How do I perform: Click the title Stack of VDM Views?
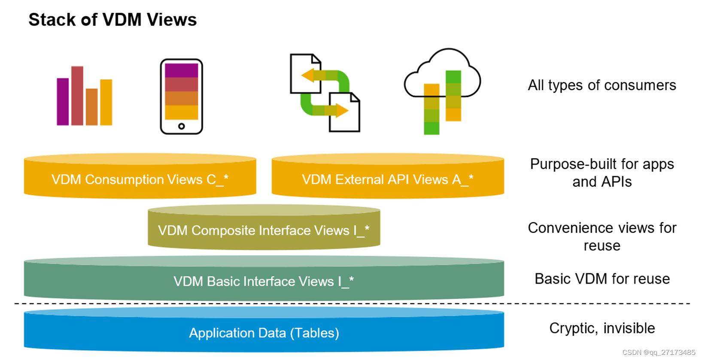(112, 20)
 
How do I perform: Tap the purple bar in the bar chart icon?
(63, 102)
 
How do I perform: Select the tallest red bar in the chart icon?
(77, 96)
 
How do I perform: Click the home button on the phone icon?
(181, 126)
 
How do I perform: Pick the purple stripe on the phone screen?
(181, 70)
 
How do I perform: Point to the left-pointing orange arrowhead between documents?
(308, 76)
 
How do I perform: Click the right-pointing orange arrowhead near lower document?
(342, 111)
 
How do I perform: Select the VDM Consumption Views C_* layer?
(140, 179)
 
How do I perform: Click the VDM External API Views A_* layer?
(388, 179)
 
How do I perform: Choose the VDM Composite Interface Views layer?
(264, 230)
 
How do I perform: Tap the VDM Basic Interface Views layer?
(264, 281)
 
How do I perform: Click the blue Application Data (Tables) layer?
(264, 333)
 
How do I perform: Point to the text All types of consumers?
(602, 85)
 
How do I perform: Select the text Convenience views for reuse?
(602, 236)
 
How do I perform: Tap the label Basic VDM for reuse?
(602, 279)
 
